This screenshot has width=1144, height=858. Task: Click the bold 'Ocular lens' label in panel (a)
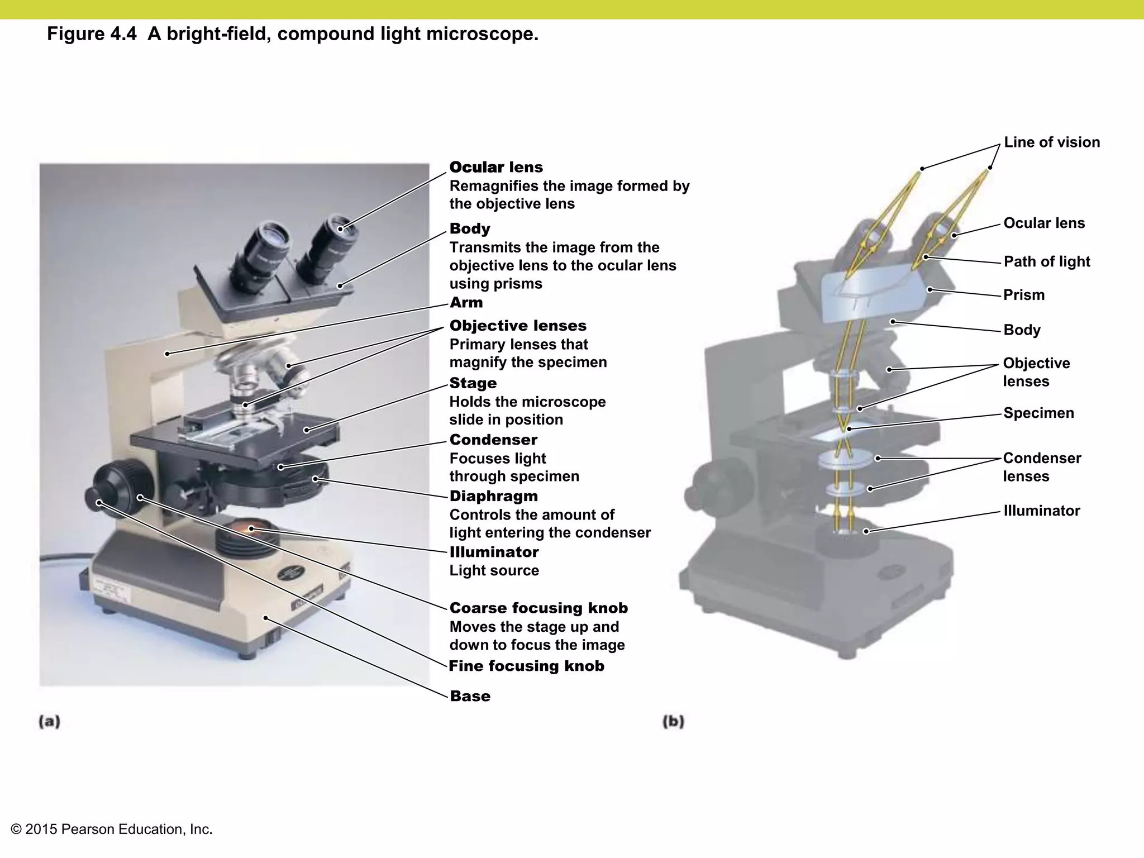496,167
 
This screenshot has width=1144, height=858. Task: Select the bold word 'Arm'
466,303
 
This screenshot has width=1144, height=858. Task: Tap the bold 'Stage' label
473,383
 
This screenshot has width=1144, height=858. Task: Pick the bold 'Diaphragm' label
493,496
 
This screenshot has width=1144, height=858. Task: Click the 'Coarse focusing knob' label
538,608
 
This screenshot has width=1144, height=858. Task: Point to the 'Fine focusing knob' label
526,666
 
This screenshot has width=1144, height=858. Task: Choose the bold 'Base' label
470,696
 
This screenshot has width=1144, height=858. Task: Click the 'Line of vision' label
1051,142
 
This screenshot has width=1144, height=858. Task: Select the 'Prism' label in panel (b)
1023,295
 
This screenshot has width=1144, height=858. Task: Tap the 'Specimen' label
1038,413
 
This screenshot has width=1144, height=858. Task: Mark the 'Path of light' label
1046,261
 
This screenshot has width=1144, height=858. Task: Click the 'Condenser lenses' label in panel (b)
1041,467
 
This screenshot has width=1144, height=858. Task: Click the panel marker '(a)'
49,721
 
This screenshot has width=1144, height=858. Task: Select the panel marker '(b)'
673,721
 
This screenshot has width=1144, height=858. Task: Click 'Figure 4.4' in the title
91,34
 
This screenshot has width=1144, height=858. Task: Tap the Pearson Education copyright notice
112,830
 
